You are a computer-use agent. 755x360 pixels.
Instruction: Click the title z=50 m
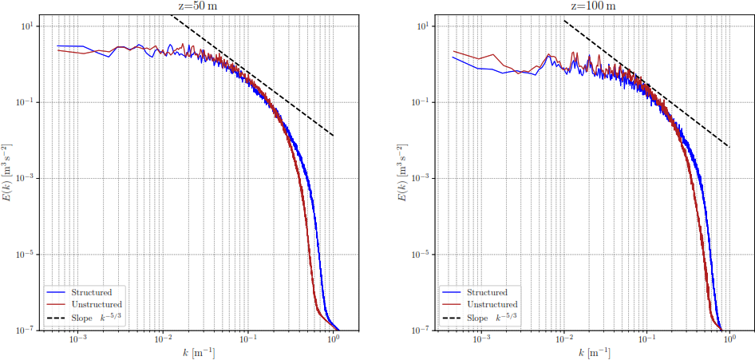tap(195, 6)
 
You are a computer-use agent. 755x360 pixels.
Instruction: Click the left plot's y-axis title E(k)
tap(7, 176)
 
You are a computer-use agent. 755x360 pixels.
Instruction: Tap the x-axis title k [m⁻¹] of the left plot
tap(195, 353)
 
